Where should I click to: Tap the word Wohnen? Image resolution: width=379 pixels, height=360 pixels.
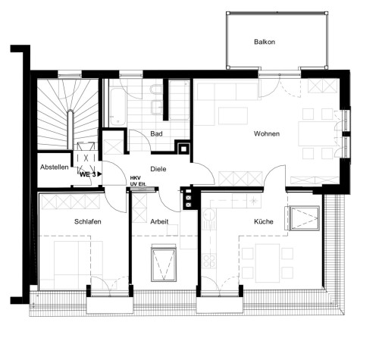pyautogui.click(x=266, y=134)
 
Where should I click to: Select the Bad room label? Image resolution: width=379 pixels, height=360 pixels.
pyautogui.click(x=157, y=134)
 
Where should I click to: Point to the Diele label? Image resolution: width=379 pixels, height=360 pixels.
pyautogui.click(x=158, y=170)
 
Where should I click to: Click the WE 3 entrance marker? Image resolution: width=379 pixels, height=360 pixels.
pyautogui.click(x=89, y=174)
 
